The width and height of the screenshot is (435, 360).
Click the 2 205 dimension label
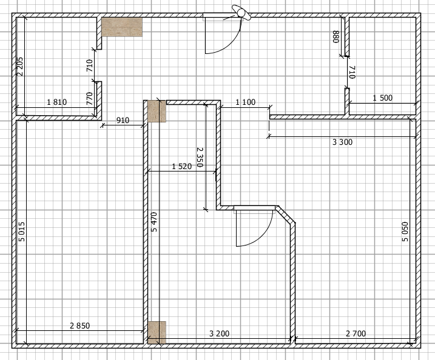(x=20, y=67)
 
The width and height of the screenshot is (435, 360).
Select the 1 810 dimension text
(x=56, y=102)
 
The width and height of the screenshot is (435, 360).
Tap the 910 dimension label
(x=123, y=120)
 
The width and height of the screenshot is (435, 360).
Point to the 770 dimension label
(x=89, y=98)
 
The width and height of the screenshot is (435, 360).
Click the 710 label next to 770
(x=89, y=65)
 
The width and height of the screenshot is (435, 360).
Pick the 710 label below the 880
(x=352, y=72)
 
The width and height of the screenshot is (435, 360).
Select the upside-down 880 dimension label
(x=336, y=36)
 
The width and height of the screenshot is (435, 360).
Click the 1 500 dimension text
(x=383, y=98)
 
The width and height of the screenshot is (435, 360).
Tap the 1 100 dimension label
(x=246, y=102)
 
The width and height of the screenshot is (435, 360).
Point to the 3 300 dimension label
(x=342, y=142)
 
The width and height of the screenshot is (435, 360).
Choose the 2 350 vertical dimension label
(x=200, y=157)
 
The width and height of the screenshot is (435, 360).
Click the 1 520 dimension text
(x=182, y=166)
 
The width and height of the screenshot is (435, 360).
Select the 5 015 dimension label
(x=21, y=232)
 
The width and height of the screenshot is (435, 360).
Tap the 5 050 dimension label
(x=405, y=232)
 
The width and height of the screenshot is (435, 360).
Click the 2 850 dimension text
(x=80, y=325)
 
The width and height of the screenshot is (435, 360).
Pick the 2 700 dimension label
(x=356, y=333)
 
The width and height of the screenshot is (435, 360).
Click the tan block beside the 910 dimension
(x=157, y=111)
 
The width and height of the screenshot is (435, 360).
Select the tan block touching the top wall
(x=122, y=27)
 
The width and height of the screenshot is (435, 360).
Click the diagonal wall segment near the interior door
(x=286, y=214)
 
